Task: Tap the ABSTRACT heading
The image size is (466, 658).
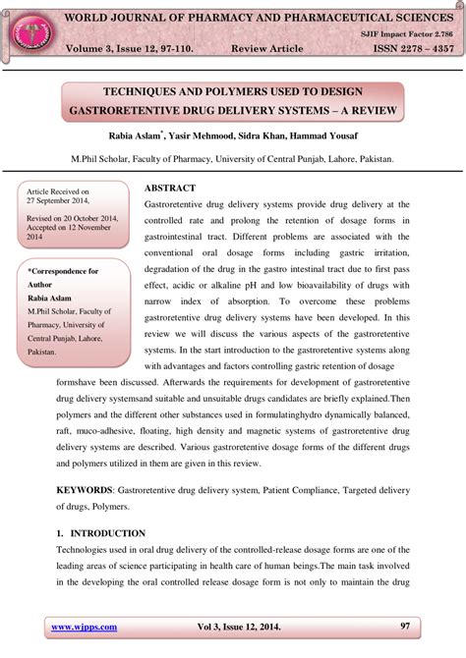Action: click(x=170, y=187)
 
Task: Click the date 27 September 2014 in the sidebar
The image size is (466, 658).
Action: click(x=60, y=200)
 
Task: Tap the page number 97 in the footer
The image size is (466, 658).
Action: click(x=404, y=626)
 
